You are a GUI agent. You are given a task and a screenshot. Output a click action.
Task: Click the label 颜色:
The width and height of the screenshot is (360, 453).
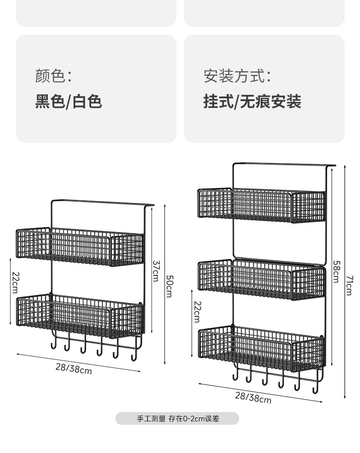[53, 76]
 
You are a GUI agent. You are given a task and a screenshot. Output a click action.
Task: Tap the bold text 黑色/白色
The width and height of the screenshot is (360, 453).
[68, 101]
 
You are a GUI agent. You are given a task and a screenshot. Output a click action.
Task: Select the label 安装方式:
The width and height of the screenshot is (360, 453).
[237, 76]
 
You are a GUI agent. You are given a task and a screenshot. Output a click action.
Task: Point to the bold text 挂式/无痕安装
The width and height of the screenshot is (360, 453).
[252, 101]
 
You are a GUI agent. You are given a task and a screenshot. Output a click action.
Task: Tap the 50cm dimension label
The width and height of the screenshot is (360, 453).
[169, 286]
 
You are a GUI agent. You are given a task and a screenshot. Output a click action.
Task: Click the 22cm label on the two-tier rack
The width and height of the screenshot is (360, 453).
[15, 282]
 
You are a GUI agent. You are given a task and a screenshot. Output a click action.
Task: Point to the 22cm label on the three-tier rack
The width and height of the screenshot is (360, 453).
[197, 311]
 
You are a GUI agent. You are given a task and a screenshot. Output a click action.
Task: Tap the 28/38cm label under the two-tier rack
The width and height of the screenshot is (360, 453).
[74, 368]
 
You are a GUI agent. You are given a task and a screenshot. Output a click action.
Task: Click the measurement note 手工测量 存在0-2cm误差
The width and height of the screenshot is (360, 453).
[178, 418]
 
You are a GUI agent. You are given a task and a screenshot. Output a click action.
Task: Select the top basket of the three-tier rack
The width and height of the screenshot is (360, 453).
[262, 206]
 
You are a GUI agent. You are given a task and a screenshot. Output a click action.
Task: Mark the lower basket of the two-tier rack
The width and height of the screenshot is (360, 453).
[80, 315]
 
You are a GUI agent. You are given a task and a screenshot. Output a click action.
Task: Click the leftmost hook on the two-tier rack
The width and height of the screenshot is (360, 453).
[53, 344]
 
